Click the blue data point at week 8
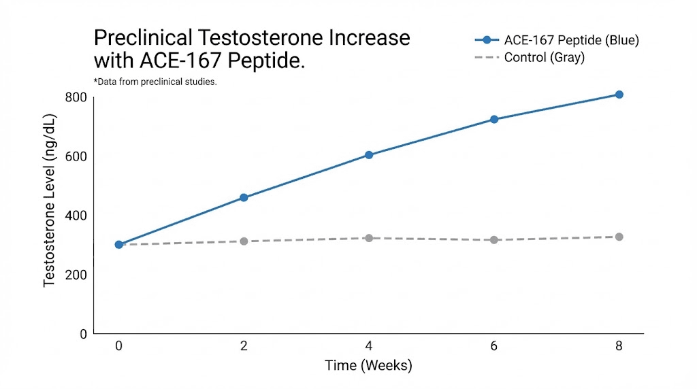[x=619, y=95]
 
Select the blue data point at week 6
[x=494, y=120]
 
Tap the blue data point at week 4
[x=369, y=155]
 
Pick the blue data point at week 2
[x=244, y=198]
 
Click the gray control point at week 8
[x=619, y=237]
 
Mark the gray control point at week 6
[x=494, y=240]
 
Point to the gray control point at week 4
[x=369, y=238]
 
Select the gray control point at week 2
[x=244, y=241]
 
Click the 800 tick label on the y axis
[x=76, y=97]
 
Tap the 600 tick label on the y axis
[x=76, y=156]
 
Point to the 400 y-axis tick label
[x=76, y=216]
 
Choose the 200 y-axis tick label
[x=76, y=275]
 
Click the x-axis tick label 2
[x=244, y=346]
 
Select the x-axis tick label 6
[x=494, y=346]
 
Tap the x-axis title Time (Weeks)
[x=368, y=366]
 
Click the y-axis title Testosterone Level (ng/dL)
[x=50, y=201]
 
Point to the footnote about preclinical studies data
[x=155, y=82]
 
